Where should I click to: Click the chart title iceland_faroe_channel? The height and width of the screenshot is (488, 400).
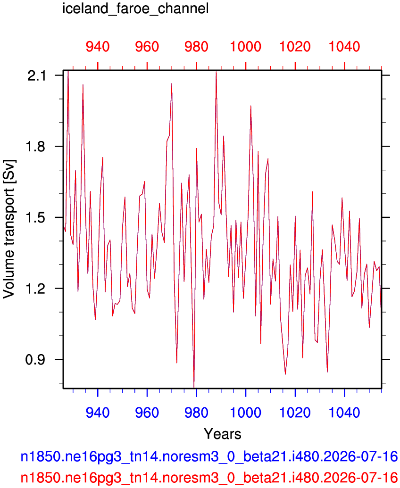click(x=136, y=8)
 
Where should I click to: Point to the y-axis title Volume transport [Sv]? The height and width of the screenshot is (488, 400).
click(x=8, y=229)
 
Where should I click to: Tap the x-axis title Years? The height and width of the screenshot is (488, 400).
click(x=222, y=434)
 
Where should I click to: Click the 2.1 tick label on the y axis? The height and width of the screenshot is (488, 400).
click(x=37, y=75)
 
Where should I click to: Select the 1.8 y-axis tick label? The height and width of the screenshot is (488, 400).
click(x=37, y=147)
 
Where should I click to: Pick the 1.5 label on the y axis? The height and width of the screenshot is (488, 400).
click(x=37, y=217)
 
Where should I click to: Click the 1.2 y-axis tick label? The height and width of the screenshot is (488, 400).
click(x=37, y=289)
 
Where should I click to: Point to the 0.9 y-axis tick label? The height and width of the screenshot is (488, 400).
click(x=37, y=359)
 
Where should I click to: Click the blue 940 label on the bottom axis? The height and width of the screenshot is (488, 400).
click(x=98, y=413)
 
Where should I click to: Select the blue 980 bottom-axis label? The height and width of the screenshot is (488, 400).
click(x=196, y=413)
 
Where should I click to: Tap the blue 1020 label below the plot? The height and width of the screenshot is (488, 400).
click(x=295, y=413)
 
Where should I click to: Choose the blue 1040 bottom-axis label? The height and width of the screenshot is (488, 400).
click(x=345, y=413)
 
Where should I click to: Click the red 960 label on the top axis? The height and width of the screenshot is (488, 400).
click(x=147, y=47)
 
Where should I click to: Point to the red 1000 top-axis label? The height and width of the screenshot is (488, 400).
click(x=246, y=47)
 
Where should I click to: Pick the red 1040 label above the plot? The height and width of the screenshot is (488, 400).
click(x=345, y=47)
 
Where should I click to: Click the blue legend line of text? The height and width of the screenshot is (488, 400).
click(x=209, y=456)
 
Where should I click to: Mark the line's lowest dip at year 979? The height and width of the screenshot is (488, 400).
click(x=194, y=388)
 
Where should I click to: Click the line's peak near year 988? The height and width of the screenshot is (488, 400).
click(x=216, y=72)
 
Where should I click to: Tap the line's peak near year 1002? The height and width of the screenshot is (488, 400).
click(x=250, y=106)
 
